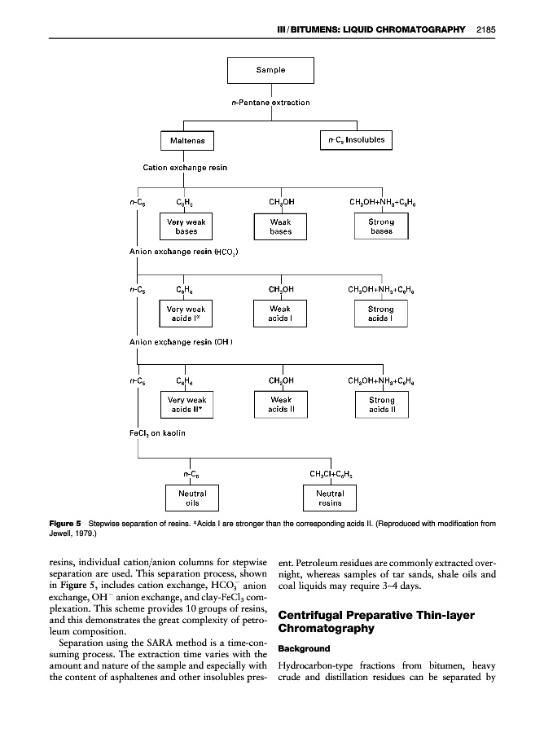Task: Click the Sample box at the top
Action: pos(270,70)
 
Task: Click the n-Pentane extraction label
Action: pos(271,103)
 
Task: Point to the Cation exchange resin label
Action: pos(185,168)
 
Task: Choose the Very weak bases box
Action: pos(186,226)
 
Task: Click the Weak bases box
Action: pos(281,226)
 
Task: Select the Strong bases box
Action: pos(381,226)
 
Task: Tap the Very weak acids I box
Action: pos(186,314)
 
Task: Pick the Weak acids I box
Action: pos(281,314)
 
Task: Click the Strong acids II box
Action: pos(381,405)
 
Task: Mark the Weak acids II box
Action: pos(281,405)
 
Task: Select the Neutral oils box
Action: pos(189,498)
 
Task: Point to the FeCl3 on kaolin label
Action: pos(158,432)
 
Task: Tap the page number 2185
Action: pos(486,30)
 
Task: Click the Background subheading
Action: pos(304,649)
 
